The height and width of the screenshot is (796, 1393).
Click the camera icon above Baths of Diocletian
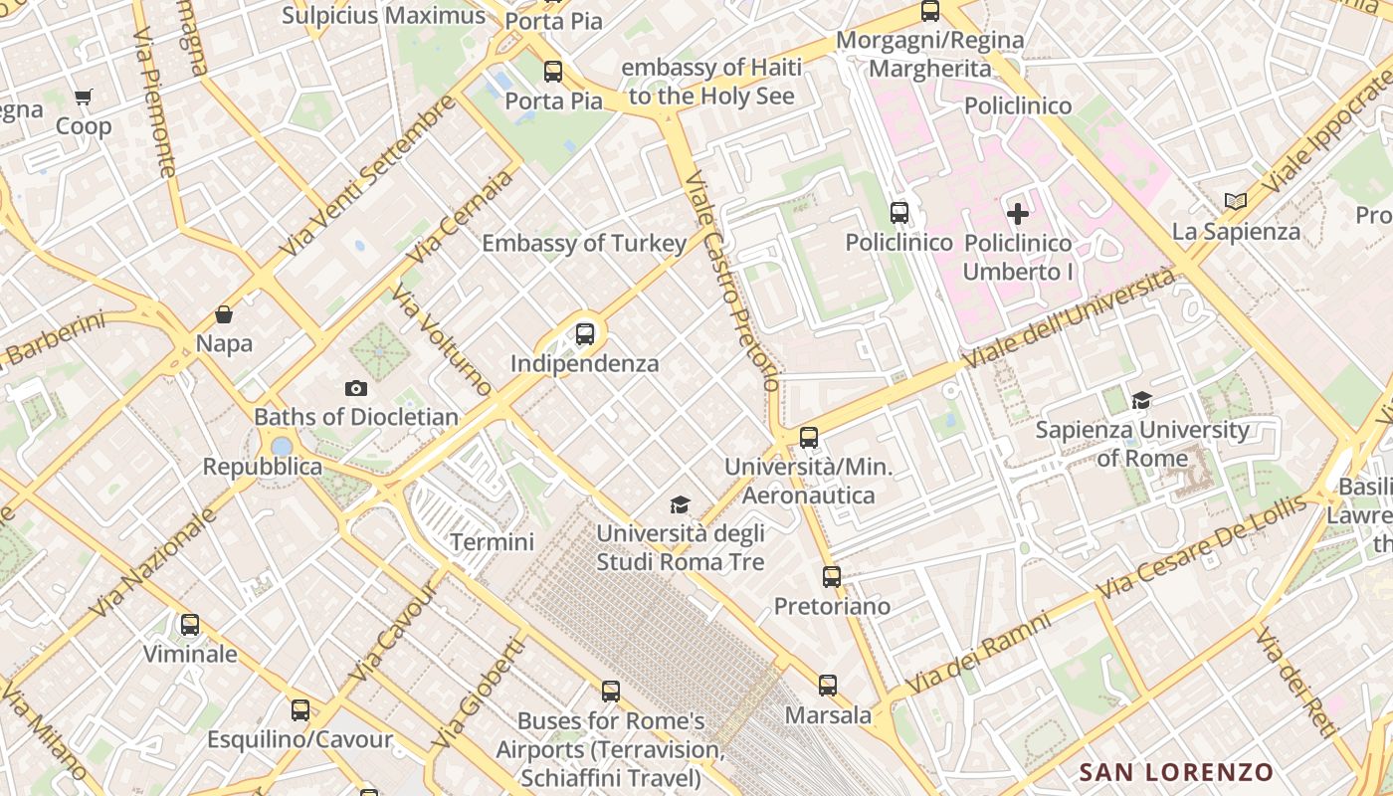coord(355,388)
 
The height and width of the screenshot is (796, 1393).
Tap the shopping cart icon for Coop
coord(84,98)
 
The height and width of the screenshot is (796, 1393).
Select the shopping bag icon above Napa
coord(224,314)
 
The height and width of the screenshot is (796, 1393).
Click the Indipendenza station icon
coord(585,334)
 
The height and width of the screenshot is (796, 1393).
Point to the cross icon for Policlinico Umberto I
coord(1018,213)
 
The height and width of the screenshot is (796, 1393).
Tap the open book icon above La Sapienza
coord(1236,201)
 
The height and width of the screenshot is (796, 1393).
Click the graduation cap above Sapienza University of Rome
coord(1141,400)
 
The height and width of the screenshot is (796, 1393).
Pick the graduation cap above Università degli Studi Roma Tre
coord(680,504)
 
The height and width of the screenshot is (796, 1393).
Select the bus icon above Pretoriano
coord(832,576)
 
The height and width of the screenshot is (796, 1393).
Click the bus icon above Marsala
coord(828,685)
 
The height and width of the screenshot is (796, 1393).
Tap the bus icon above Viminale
coord(190,625)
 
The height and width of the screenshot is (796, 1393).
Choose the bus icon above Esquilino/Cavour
coord(300,710)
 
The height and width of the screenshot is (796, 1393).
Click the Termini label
coord(492,542)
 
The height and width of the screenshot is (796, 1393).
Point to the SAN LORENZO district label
coord(1176,772)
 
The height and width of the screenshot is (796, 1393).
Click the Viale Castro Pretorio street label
coord(733,284)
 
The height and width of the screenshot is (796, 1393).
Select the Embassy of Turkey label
coord(584,244)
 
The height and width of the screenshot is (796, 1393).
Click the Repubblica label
coord(263,467)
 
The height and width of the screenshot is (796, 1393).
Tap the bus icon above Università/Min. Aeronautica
coord(809,437)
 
